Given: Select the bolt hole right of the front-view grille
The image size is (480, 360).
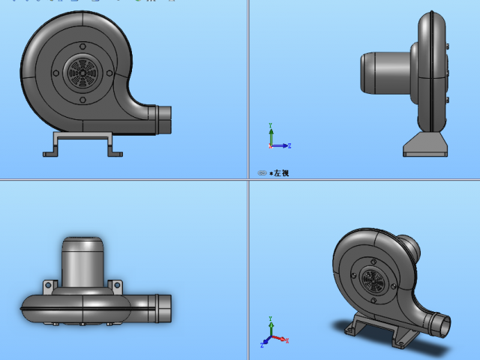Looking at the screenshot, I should (109, 73).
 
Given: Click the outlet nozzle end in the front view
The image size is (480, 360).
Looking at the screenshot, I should (166, 115).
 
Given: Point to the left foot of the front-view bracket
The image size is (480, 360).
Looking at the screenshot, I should (49, 153).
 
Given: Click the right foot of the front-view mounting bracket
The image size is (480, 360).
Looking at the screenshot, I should (115, 153).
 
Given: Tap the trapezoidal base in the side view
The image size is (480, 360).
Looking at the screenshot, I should (426, 145).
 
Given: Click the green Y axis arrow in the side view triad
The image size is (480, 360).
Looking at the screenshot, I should (270, 128).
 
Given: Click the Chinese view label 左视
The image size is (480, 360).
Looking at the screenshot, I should (280, 173).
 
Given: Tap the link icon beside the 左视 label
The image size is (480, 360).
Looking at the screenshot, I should (262, 173).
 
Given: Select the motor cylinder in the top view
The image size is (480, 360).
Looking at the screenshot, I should (82, 262).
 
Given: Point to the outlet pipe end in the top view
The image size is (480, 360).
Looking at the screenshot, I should (166, 304).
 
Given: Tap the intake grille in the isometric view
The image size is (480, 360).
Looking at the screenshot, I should (373, 283).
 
